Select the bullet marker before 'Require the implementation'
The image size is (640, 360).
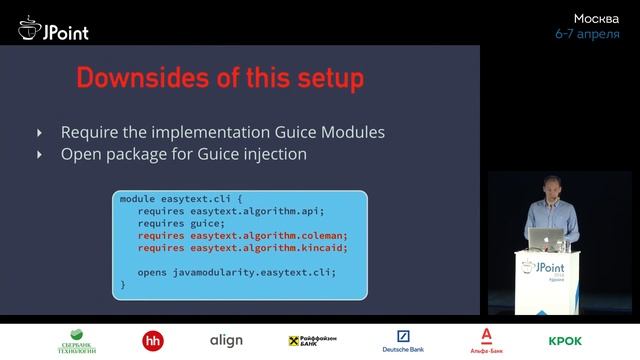coord(40,132)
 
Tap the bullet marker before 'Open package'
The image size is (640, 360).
coord(40,154)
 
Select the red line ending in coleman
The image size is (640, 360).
coord(235,235)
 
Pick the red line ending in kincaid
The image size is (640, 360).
coord(235,247)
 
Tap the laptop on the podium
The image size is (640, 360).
coord(547,237)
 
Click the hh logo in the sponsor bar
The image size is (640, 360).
coord(154,341)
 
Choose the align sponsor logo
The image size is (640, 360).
coord(225,341)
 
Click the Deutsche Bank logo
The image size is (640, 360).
coord(403,341)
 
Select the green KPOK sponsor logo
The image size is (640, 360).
coord(565,341)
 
